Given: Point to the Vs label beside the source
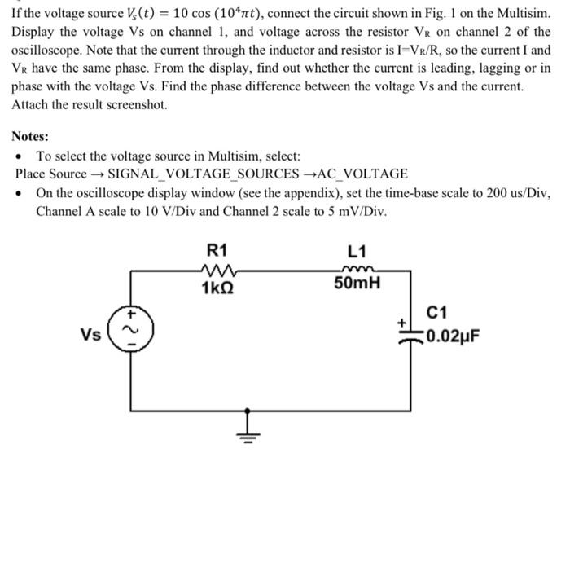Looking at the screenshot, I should [x=91, y=332].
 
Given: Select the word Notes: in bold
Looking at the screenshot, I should [x=30, y=136].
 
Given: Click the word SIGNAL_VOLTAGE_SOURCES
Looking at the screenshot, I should [x=203, y=174].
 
